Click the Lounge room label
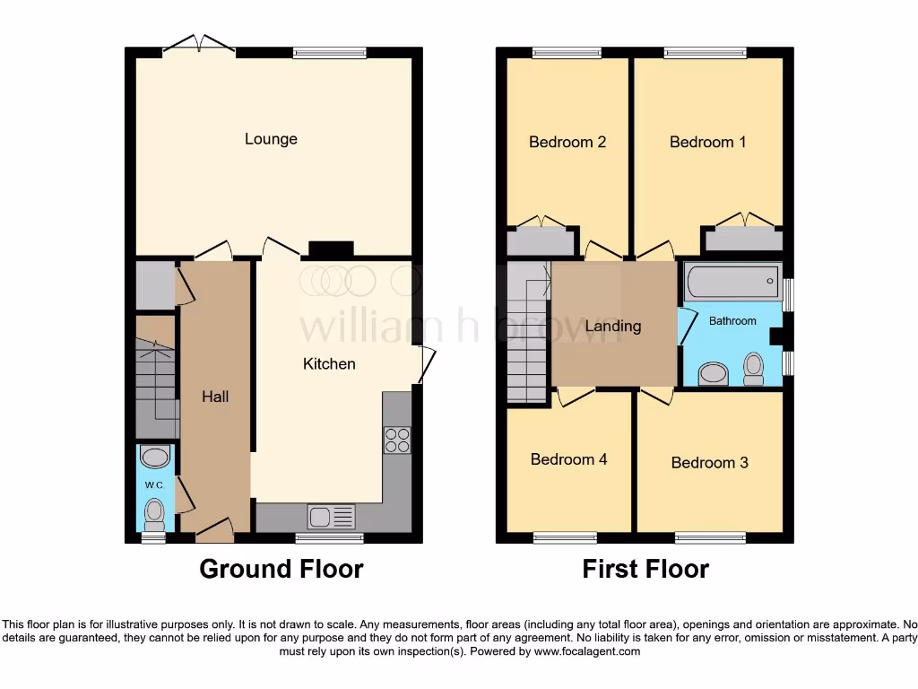[271, 139]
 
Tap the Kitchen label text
[329, 363]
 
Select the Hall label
[215, 396]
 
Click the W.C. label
[154, 485]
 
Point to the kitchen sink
[331, 517]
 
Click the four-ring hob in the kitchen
[397, 440]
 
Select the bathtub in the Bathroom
[732, 283]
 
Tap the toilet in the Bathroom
[753, 368]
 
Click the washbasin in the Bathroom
[714, 373]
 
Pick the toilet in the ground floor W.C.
[155, 515]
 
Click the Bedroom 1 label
[707, 142]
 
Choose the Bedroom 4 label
[568, 459]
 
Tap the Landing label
[613, 326]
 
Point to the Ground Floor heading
[281, 569]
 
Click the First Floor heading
[645, 569]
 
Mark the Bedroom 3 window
[710, 538]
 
